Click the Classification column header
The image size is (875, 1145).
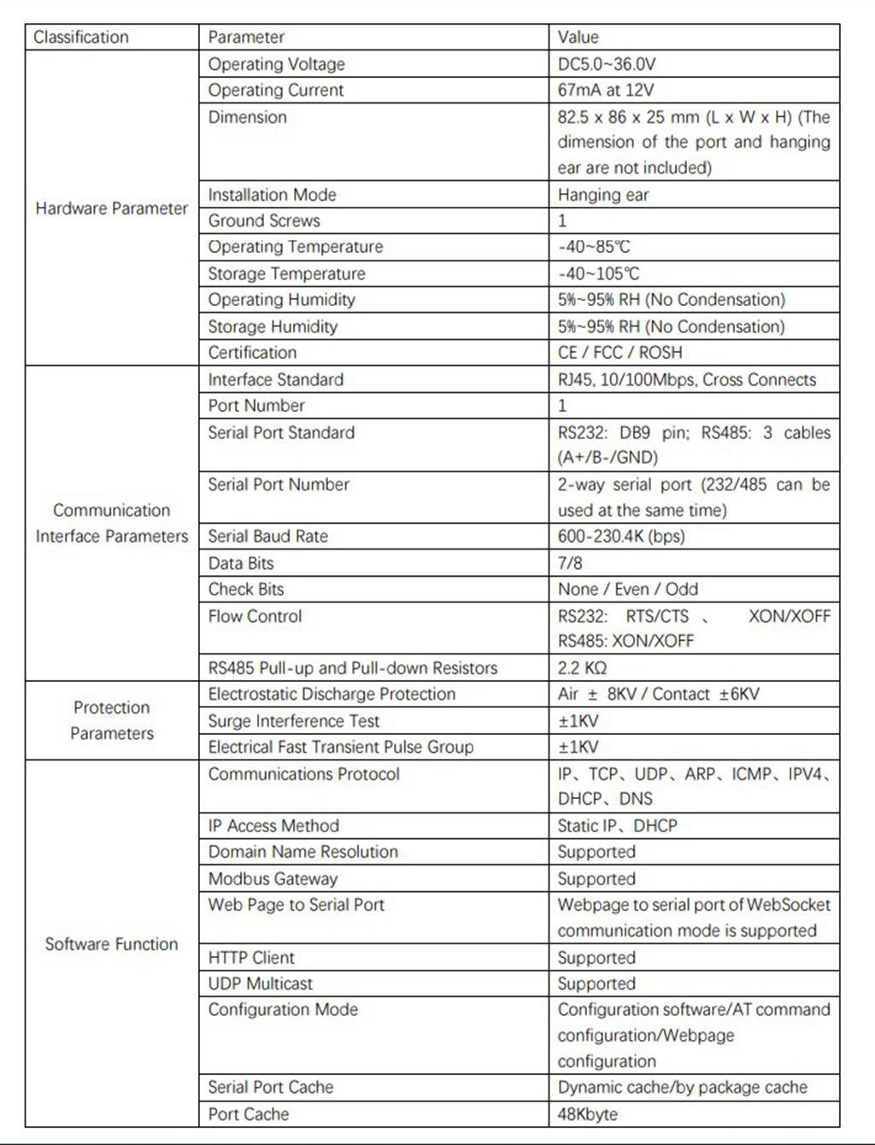tap(81, 38)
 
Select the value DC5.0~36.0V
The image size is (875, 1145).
tap(607, 64)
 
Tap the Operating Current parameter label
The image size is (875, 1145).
tap(275, 91)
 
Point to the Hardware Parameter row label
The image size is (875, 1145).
tap(111, 208)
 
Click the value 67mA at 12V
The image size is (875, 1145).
tap(605, 91)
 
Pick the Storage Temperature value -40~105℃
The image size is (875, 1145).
tap(598, 273)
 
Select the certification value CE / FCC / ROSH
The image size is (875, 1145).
tap(620, 352)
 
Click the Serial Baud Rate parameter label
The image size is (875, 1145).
tap(267, 537)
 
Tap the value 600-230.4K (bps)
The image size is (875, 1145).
tap(621, 537)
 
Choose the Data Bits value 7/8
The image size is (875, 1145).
tap(570, 563)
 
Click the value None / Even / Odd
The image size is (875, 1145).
tap(627, 589)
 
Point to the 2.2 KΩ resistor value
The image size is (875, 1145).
tap(582, 668)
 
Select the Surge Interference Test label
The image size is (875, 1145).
tap(293, 721)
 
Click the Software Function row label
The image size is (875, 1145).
tap(111, 944)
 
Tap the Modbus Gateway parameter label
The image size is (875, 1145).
tap(273, 878)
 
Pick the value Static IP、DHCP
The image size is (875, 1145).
tap(617, 825)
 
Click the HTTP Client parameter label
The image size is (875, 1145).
tap(251, 958)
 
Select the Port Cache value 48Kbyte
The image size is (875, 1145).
tap(587, 1114)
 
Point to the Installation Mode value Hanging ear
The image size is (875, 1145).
tap(603, 195)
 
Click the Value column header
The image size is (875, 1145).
tap(578, 38)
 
